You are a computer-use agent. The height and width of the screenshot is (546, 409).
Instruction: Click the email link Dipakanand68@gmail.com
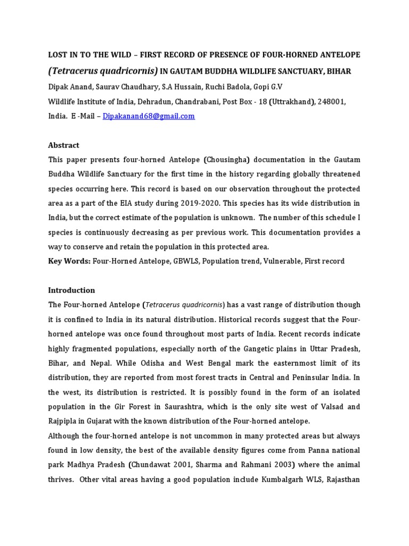pos(150,116)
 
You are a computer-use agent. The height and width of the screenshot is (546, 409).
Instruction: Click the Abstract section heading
pos(64,145)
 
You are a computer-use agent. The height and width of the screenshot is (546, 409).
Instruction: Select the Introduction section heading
pos(71,291)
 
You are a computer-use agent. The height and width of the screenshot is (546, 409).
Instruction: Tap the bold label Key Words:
pos(70,261)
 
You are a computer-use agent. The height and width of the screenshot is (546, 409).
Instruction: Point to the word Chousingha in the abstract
pos(226,160)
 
